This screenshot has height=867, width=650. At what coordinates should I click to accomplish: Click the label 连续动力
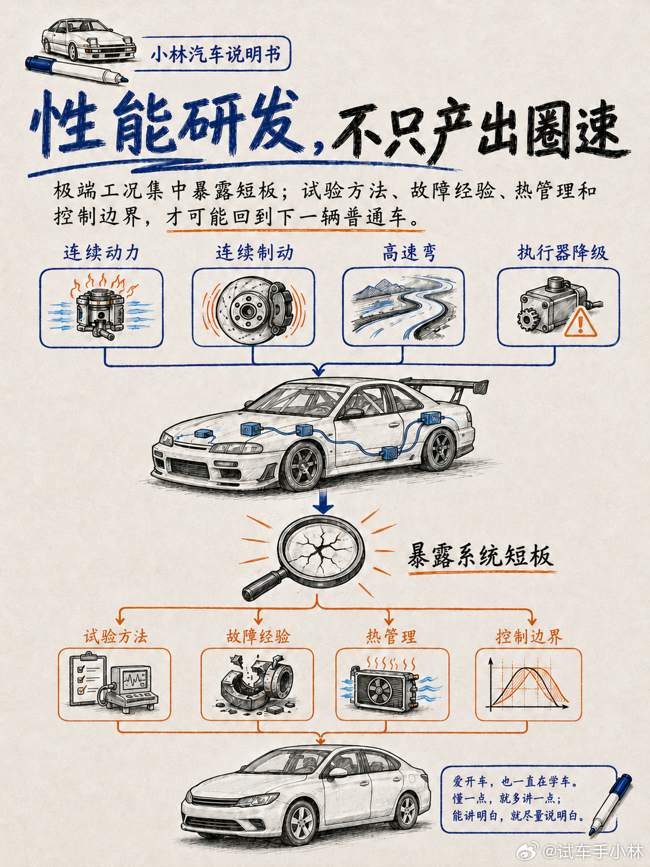[x=101, y=253]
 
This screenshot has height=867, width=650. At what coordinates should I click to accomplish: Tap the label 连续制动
[x=254, y=253]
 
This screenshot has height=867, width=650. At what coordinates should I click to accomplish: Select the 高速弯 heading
[x=409, y=253]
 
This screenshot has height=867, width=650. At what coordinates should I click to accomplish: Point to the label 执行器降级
[x=563, y=253]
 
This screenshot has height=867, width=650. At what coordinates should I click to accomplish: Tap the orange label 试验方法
[x=116, y=636]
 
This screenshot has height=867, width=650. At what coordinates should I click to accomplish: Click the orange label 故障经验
[x=258, y=636]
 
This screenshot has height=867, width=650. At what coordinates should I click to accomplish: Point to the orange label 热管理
[x=391, y=636]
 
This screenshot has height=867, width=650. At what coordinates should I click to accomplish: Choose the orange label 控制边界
[x=529, y=636]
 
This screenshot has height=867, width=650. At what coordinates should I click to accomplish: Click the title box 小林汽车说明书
[x=215, y=54]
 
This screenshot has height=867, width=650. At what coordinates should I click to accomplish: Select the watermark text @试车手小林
[x=593, y=851]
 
